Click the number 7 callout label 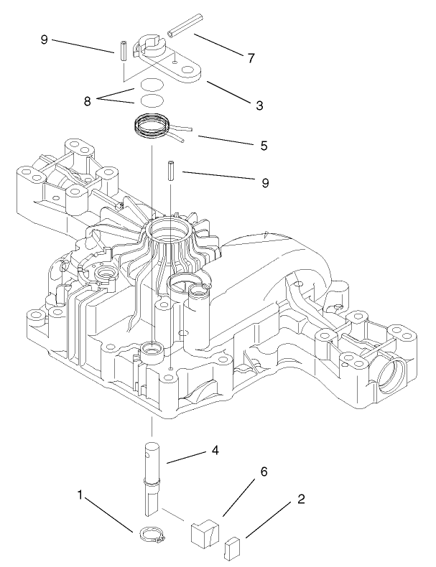(x=251, y=58)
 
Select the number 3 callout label (x=259, y=105)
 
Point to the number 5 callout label (x=264, y=146)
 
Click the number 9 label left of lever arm (x=45, y=39)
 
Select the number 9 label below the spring (x=265, y=182)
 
